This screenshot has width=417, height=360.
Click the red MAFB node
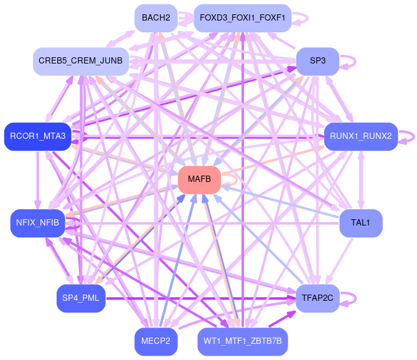tap(199, 179)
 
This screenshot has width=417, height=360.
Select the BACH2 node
tap(156, 17)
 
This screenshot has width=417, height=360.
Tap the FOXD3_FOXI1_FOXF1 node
tap(242, 17)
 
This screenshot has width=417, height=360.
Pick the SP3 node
tap(317, 61)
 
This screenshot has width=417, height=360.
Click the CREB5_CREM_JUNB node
tap(81, 61)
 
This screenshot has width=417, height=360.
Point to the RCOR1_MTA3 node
tap(38, 136)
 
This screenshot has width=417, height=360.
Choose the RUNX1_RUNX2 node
tap(361, 136)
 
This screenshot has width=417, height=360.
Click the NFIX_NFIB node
tap(38, 223)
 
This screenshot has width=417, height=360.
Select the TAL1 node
tap(361, 223)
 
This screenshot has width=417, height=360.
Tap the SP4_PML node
tap(81, 298)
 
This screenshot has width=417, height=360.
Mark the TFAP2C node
tap(317, 298)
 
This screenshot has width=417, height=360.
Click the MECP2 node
tap(156, 341)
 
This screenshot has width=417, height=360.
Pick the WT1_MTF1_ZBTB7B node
tap(242, 341)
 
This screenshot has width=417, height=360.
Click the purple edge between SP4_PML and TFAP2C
tap(199, 298)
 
